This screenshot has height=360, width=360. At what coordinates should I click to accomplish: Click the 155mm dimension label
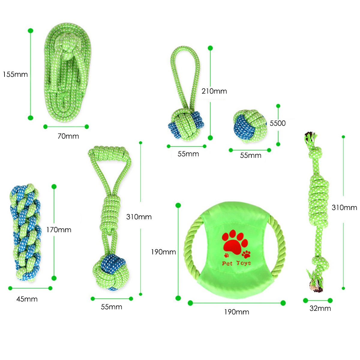coord(15,74)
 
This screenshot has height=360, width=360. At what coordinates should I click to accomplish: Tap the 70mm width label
coord(68,136)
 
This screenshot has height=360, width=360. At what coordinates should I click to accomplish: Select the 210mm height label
coord(214,91)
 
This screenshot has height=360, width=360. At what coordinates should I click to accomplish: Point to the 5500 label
coord(277,123)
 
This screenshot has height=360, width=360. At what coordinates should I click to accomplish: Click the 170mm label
coord(59,230)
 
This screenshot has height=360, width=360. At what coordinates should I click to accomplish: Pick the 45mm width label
coord(27,299)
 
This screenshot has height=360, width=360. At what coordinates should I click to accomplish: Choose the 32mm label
coord(320,308)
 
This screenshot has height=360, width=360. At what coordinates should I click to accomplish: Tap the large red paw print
coord(235,241)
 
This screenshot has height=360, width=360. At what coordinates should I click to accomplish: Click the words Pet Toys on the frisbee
coord(236,263)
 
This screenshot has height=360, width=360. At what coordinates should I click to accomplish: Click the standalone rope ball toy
coord(250,126)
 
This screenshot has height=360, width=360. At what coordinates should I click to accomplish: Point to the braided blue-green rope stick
coord(25,232)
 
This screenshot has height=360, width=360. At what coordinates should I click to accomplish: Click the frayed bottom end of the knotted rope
coord(315,283)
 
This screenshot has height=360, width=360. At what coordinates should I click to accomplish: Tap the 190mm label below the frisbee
coord(236,312)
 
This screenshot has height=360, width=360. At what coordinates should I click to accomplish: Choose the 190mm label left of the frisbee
coord(163,252)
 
